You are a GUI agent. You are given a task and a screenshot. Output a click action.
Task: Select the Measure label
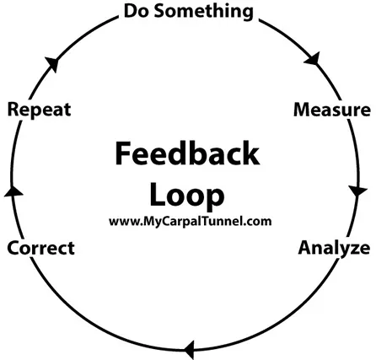[x=332, y=110]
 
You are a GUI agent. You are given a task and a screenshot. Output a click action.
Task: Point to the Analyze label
[x=334, y=249]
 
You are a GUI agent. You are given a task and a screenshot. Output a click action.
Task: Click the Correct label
[x=41, y=248]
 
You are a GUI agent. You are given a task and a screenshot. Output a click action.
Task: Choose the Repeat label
[x=39, y=110]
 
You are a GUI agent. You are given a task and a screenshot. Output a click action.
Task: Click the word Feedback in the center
[x=187, y=153]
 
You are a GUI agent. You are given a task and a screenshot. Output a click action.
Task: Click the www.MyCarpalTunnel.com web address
[x=191, y=222]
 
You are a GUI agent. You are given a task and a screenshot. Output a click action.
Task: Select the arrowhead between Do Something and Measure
[x=313, y=59]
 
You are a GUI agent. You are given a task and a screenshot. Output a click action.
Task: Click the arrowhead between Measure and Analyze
[x=357, y=191]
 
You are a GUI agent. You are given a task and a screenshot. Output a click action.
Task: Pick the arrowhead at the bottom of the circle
[x=190, y=350]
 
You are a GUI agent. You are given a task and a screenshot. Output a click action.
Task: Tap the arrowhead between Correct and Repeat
[x=13, y=191]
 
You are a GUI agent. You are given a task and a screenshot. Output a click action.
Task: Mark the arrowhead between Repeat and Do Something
[x=52, y=64]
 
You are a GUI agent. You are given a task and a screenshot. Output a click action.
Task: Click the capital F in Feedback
[x=123, y=153]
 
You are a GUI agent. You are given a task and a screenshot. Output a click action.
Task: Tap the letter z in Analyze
[x=352, y=250]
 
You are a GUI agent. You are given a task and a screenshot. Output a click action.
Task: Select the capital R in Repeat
[x=13, y=110]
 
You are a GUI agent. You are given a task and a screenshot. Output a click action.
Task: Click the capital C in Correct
[x=13, y=248]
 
